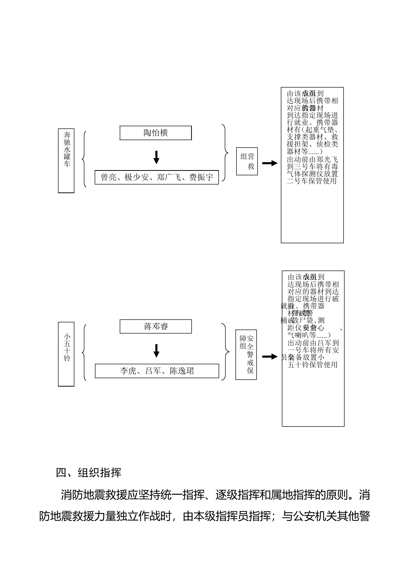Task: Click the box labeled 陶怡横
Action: pyautogui.click(x=155, y=133)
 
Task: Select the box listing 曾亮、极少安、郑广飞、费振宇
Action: pyautogui.click(x=156, y=177)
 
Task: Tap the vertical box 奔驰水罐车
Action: pyautogui.click(x=66, y=161)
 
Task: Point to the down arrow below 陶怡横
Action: pyautogui.click(x=156, y=157)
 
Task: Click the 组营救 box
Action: pyautogui.click(x=247, y=161)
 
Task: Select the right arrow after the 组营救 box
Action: pyautogui.click(x=270, y=163)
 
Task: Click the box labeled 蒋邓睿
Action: pyautogui.click(x=155, y=326)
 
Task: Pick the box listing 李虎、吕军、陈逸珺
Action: pyautogui.click(x=157, y=371)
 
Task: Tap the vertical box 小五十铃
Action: pyautogui.click(x=66, y=354)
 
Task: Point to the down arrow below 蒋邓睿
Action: pyautogui.click(x=156, y=351)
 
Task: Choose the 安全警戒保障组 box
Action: pyautogui.click(x=246, y=355)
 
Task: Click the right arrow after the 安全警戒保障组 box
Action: pyautogui.click(x=270, y=357)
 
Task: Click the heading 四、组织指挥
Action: pyautogui.click(x=88, y=473)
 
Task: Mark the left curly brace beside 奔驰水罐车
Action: pyautogui.click(x=84, y=159)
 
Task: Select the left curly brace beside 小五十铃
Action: pyautogui.click(x=84, y=353)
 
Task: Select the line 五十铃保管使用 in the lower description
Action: pyautogui.click(x=313, y=365)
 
